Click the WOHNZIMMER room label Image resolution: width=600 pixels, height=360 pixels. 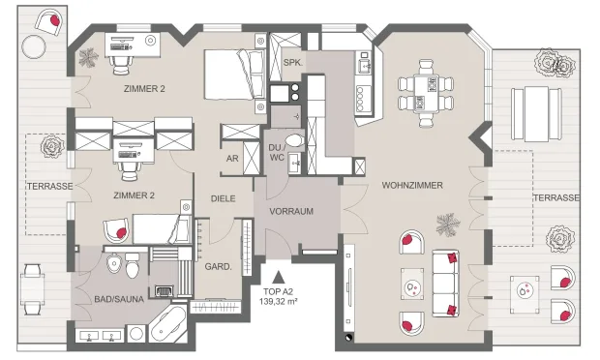tap(412, 186)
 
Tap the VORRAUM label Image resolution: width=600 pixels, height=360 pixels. tap(291, 211)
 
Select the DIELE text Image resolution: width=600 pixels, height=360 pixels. tap(224, 198)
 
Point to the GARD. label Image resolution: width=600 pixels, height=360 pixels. tap(218, 267)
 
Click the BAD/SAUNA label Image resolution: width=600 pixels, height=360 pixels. tap(119, 299)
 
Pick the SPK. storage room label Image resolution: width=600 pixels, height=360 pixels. tap(293, 62)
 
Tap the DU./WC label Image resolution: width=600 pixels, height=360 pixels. tap(277, 152)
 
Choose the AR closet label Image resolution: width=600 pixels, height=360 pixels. tap(232, 159)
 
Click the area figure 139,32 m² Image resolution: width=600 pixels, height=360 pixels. tap(278, 302)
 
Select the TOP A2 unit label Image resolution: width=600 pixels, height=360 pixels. tap(278, 292)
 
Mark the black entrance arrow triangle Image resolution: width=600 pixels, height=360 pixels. tap(279, 277)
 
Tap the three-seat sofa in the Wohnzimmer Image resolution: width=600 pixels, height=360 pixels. tap(445, 284)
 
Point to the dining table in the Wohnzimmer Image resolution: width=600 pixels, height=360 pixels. tap(426, 94)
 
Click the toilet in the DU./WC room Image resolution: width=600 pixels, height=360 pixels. tap(294, 140)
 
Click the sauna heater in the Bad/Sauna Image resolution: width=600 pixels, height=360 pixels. tap(165, 291)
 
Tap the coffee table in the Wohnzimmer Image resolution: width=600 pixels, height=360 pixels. tap(412, 284)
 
